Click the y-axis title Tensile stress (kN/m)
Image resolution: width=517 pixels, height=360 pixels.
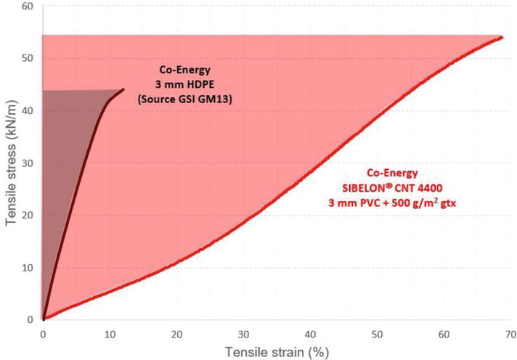tap(11, 163)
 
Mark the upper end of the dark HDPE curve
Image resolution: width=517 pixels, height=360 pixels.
tap(123, 90)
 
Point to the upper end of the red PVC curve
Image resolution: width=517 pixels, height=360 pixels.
tap(502, 37)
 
